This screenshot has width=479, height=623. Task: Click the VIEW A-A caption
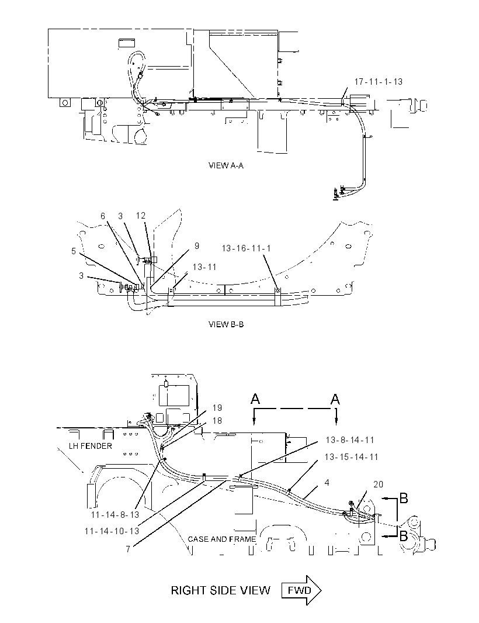[x=225, y=165]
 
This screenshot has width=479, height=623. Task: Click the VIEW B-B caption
[x=226, y=324]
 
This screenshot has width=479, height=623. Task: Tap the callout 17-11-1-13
[x=378, y=81]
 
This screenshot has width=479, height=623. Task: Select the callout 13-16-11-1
[x=247, y=248]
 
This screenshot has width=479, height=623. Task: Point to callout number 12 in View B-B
[x=141, y=215]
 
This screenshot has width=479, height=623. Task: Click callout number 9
[x=197, y=246]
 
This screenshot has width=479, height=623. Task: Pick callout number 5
[x=74, y=251]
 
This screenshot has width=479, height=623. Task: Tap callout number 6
[x=103, y=216]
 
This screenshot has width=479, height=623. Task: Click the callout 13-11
[x=204, y=266]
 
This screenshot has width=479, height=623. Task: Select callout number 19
[x=217, y=408]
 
